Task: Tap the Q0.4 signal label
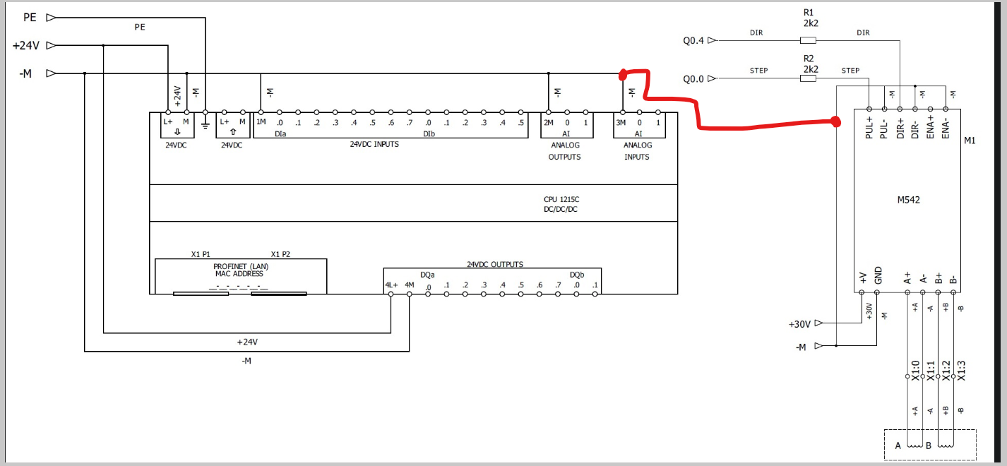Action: pos(693,41)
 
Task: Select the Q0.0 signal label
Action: pos(693,79)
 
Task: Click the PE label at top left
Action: pos(30,18)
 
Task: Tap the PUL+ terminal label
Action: pos(869,128)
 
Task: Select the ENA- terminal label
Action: pos(946,128)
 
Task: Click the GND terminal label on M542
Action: pos(878,275)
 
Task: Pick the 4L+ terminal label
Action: pos(391,285)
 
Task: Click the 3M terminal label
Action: pos(621,122)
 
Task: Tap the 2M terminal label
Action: pos(549,122)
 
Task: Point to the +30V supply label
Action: pos(799,324)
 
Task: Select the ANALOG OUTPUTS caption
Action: pos(564,150)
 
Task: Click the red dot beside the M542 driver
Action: pos(836,122)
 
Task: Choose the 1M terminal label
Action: pos(261,122)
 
